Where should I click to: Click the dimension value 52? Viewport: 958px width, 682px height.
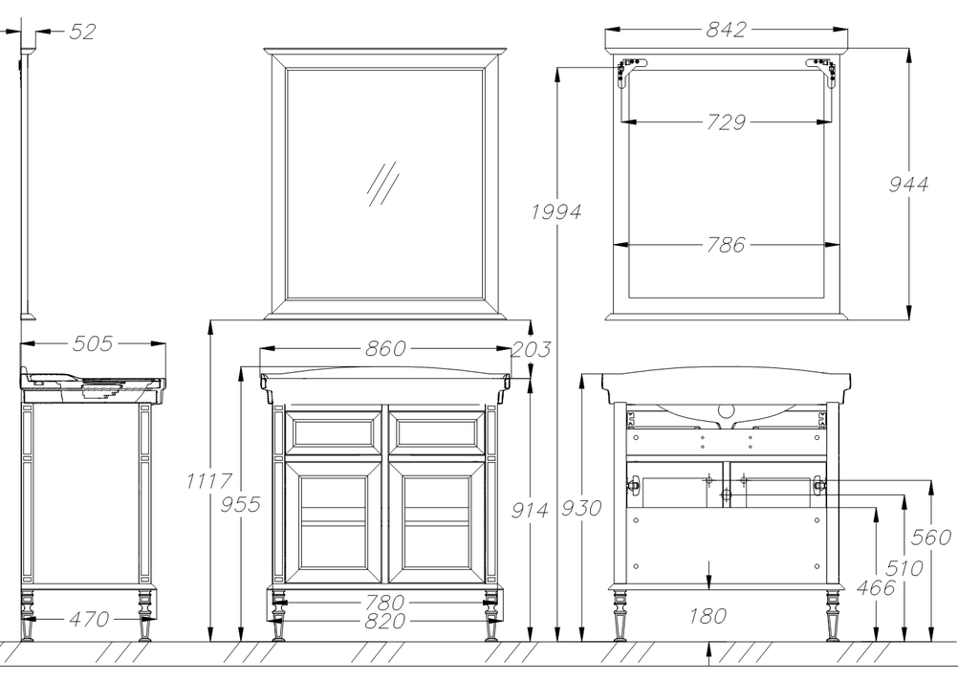pos(82,32)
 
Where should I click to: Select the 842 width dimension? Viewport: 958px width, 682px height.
pos(726,30)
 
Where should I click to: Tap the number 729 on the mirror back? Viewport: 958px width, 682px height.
pos(726,122)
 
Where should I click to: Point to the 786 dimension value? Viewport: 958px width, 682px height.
pos(726,245)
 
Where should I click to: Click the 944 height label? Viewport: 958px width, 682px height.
pos(908,184)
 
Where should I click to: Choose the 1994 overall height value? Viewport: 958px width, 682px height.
pos(556,212)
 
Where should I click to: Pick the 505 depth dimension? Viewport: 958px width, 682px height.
pos(92,344)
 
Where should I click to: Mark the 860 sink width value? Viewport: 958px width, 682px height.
pos(385,349)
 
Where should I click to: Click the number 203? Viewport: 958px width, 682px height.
pos(531,349)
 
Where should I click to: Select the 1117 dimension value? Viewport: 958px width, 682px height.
pos(209,481)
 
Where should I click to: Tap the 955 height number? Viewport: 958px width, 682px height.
pos(240,504)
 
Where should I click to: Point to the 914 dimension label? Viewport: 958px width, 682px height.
pos(530,510)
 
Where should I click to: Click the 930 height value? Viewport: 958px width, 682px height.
pos(581,508)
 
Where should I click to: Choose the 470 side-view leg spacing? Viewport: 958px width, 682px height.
pos(89,620)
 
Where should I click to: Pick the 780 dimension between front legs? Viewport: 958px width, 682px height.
pos(385,604)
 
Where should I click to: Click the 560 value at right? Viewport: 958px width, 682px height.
pos(931,538)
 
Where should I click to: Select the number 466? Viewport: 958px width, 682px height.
pos(876,588)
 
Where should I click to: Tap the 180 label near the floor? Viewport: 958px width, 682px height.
pos(708,616)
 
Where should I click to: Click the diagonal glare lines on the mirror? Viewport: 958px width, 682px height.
pos(383,184)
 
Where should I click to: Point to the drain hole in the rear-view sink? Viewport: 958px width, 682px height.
pos(727,410)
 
